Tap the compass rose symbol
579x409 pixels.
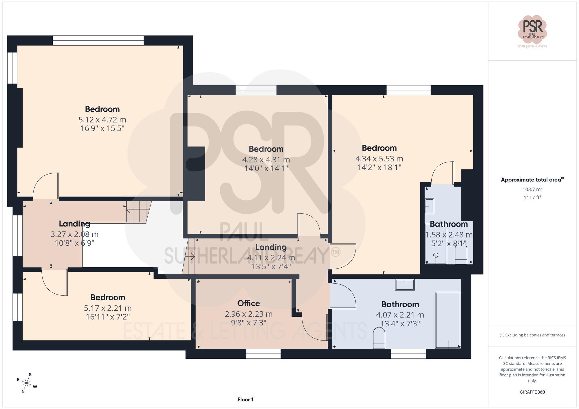[27, 384]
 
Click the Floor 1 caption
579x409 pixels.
[245, 399]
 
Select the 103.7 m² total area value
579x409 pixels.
[532, 189]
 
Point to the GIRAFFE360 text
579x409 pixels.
[532, 392]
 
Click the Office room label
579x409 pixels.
[248, 303]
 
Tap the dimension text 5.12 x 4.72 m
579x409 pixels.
[102, 120]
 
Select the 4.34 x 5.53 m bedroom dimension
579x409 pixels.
[379, 159]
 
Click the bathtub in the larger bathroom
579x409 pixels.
[448, 320]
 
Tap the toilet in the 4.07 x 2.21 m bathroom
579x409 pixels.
[379, 338]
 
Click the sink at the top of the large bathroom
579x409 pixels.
[405, 284]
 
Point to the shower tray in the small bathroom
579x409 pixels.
[436, 244]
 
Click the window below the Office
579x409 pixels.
[263, 354]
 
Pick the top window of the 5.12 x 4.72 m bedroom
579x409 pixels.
[98, 40]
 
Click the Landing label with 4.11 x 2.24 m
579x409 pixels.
[271, 247]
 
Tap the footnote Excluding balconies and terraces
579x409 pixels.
[532, 335]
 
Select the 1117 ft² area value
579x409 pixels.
[532, 198]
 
